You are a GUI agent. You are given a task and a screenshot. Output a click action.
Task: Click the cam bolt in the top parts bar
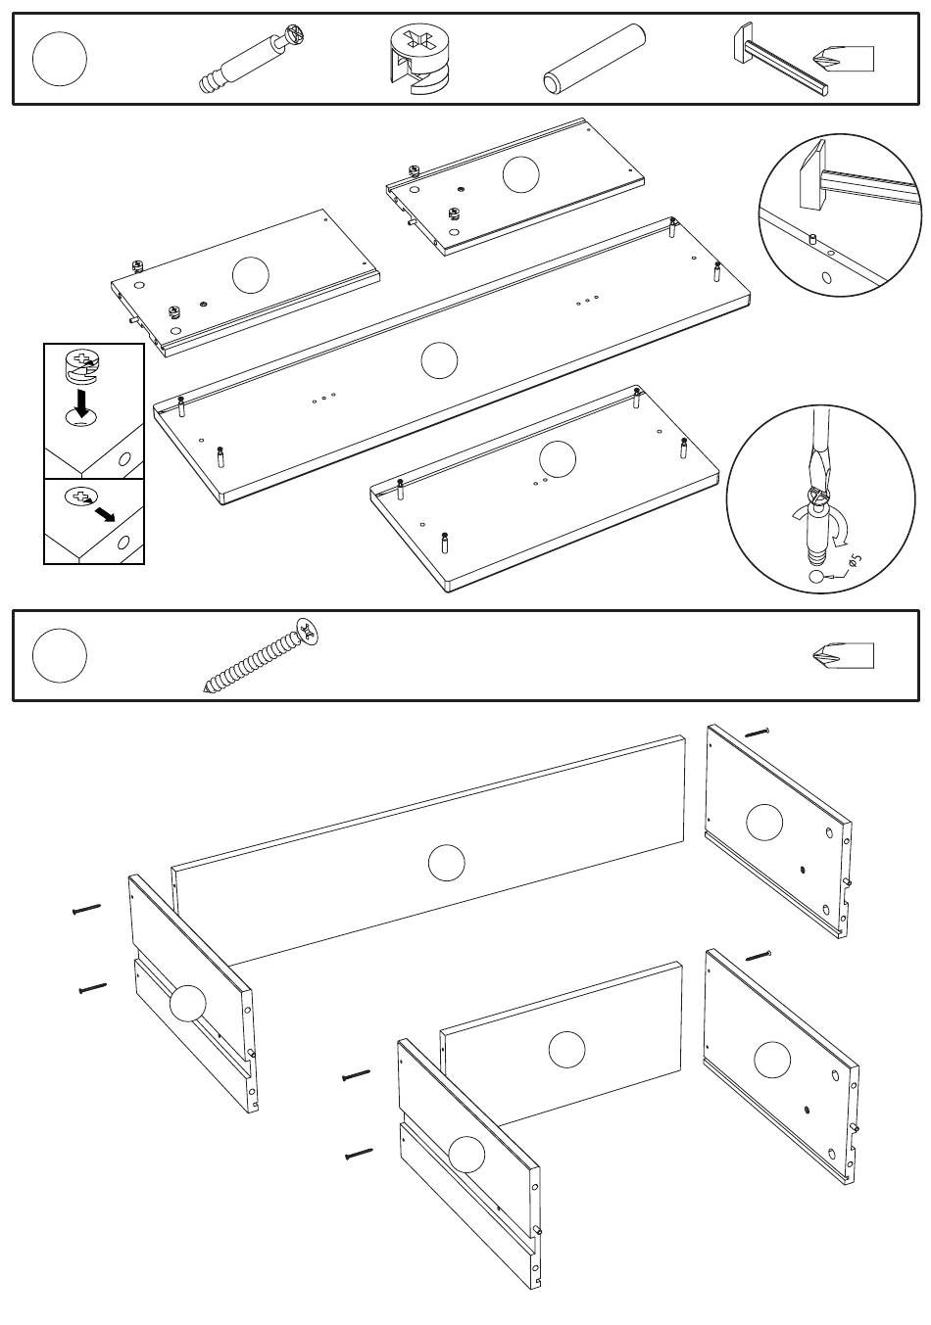[255, 58]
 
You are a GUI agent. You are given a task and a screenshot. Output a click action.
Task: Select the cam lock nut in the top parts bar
[420, 59]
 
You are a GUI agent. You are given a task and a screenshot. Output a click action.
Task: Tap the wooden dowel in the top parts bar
[594, 59]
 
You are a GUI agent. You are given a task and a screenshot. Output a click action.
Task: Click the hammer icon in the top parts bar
[778, 59]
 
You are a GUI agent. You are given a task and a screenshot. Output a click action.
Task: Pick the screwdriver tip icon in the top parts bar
[843, 59]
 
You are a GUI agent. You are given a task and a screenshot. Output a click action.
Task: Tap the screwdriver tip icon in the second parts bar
[843, 655]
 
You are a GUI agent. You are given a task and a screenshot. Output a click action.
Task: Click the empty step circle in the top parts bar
[59, 59]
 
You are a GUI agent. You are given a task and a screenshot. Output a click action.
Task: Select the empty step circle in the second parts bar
[59, 655]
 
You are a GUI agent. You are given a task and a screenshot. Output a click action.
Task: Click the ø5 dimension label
[856, 559]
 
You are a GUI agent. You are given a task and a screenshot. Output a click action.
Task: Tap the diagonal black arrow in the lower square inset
[105, 513]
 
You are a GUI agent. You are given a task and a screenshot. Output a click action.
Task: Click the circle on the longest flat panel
[439, 360]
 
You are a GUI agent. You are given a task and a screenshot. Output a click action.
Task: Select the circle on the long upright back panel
[446, 863]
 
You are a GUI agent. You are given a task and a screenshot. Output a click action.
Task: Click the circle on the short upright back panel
[566, 1050]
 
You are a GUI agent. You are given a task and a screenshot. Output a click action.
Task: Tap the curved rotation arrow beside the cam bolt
[839, 528]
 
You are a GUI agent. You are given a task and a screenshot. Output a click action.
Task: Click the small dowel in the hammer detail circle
[812, 238]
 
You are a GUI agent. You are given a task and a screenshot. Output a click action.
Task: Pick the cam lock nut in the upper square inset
[83, 366]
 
